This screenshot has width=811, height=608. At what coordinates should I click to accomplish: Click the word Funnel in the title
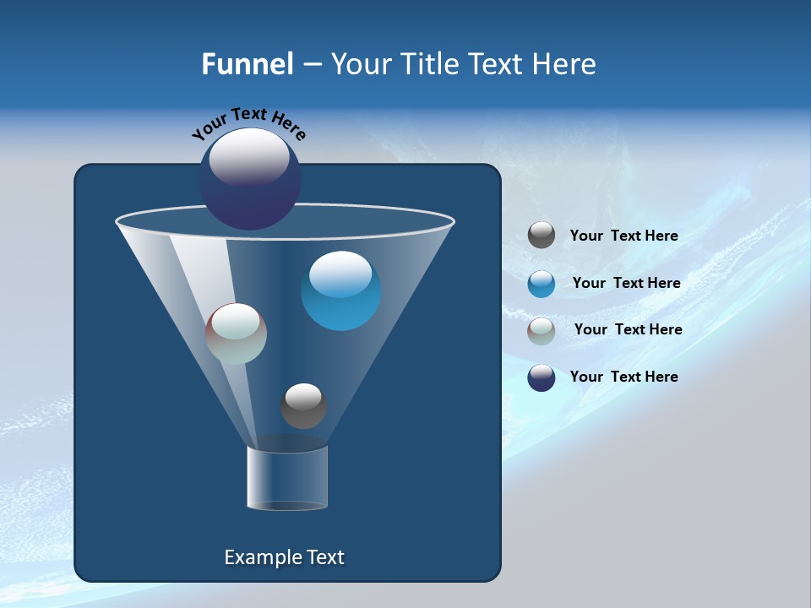point(247,64)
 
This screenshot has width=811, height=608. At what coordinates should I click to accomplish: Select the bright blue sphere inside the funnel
point(340,291)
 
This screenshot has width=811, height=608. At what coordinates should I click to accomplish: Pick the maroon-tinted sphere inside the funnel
point(237,334)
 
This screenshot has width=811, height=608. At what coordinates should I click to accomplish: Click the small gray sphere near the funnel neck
point(303,406)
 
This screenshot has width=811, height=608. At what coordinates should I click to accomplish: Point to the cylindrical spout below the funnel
point(287,477)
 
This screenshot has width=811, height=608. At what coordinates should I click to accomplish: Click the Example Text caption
point(284,557)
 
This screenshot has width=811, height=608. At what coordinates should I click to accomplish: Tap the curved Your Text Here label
point(249,122)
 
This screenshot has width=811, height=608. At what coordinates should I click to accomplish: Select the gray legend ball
point(542,236)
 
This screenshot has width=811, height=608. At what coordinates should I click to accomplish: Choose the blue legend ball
point(542,284)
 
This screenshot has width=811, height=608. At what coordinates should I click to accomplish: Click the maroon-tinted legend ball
point(542,331)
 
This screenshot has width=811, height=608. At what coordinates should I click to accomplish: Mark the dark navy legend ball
point(542,377)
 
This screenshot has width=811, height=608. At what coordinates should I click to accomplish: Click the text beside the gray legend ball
point(623,236)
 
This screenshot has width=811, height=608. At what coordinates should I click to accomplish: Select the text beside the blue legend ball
point(626,284)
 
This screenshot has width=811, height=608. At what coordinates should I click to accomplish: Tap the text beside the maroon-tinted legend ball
point(628,330)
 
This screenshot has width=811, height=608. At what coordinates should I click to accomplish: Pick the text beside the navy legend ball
point(623,377)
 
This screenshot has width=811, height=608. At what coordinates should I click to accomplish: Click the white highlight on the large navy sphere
point(249,157)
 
